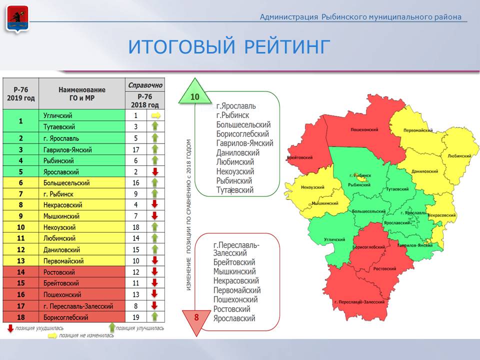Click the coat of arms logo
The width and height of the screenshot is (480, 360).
tap(17, 19)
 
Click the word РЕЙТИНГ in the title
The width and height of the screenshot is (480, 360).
tap(287, 47)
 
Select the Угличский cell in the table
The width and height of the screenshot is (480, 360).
tap(82, 115)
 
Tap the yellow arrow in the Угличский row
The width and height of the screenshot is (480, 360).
tap(155, 115)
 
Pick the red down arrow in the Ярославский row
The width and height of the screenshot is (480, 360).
tap(155, 171)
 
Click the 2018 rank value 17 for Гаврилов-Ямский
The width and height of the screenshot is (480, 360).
tap(136, 149)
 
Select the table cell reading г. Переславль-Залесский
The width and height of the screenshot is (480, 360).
tap(82, 306)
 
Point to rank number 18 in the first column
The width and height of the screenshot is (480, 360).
tap(21, 317)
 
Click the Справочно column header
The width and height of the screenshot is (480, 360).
tap(145, 85)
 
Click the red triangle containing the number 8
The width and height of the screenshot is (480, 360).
tap(196, 320)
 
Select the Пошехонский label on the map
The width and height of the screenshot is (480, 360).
tap(364, 130)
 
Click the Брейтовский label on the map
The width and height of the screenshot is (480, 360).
tap(299, 157)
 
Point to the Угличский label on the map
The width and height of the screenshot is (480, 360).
tap(334, 239)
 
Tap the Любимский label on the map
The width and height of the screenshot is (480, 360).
tap(459, 156)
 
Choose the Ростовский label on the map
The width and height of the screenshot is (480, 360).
tap(384, 269)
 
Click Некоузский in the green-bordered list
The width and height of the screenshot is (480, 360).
tap(235, 171)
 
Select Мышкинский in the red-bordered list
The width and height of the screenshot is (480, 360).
tap(234, 271)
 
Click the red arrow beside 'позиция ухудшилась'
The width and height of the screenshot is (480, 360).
tap(10, 328)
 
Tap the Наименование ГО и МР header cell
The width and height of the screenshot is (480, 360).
tap(82, 93)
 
